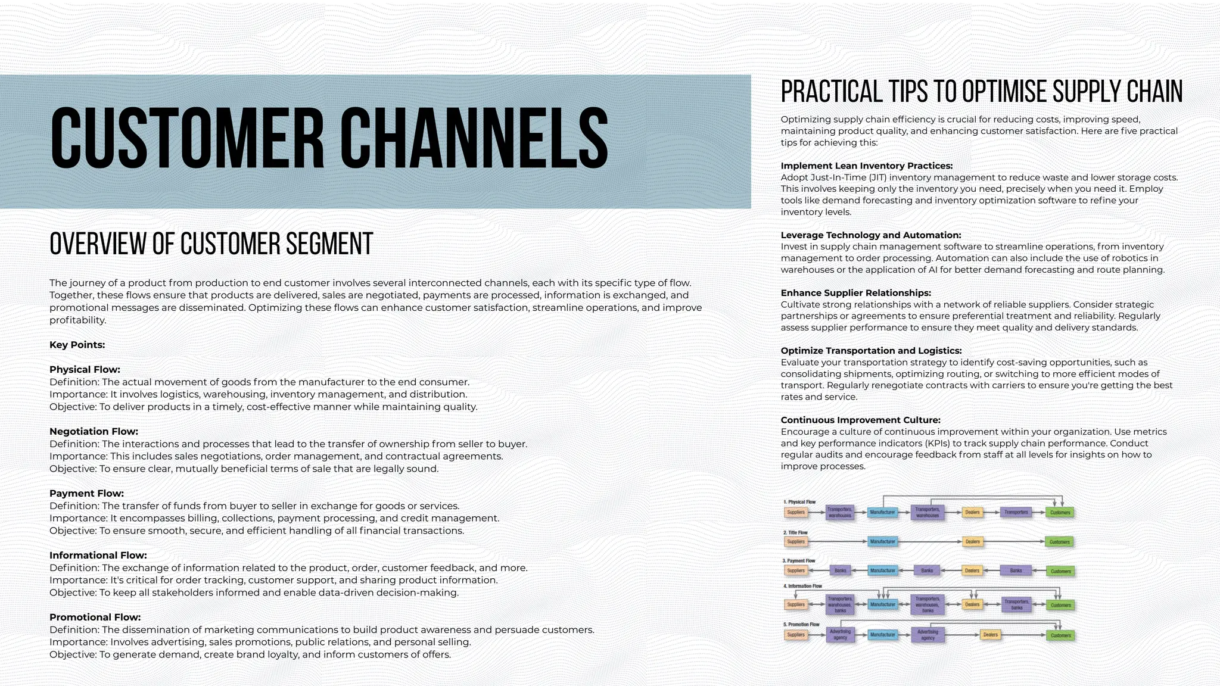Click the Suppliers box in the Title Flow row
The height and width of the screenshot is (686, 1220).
click(x=796, y=542)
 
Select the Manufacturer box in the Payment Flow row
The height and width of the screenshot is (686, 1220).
click(x=882, y=570)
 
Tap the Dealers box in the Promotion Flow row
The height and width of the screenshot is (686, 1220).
click(x=990, y=635)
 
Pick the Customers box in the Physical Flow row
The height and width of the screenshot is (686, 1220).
click(x=1060, y=512)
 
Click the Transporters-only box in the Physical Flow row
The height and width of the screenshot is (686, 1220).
click(x=1016, y=512)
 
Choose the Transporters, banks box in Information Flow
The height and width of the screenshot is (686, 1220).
click(x=1016, y=604)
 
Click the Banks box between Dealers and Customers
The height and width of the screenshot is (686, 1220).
click(x=1016, y=570)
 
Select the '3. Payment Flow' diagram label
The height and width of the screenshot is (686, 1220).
click(x=798, y=561)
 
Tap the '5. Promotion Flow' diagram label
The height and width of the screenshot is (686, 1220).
click(x=801, y=625)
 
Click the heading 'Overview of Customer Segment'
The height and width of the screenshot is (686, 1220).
click(x=211, y=244)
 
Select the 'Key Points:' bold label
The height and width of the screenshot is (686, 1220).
click(x=77, y=345)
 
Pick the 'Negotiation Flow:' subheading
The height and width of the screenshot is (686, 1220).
click(x=94, y=431)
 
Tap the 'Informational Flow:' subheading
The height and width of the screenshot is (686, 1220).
click(x=98, y=555)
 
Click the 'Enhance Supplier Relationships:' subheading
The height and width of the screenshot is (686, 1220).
click(x=855, y=293)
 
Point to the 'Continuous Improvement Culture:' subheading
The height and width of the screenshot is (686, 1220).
click(x=860, y=420)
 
